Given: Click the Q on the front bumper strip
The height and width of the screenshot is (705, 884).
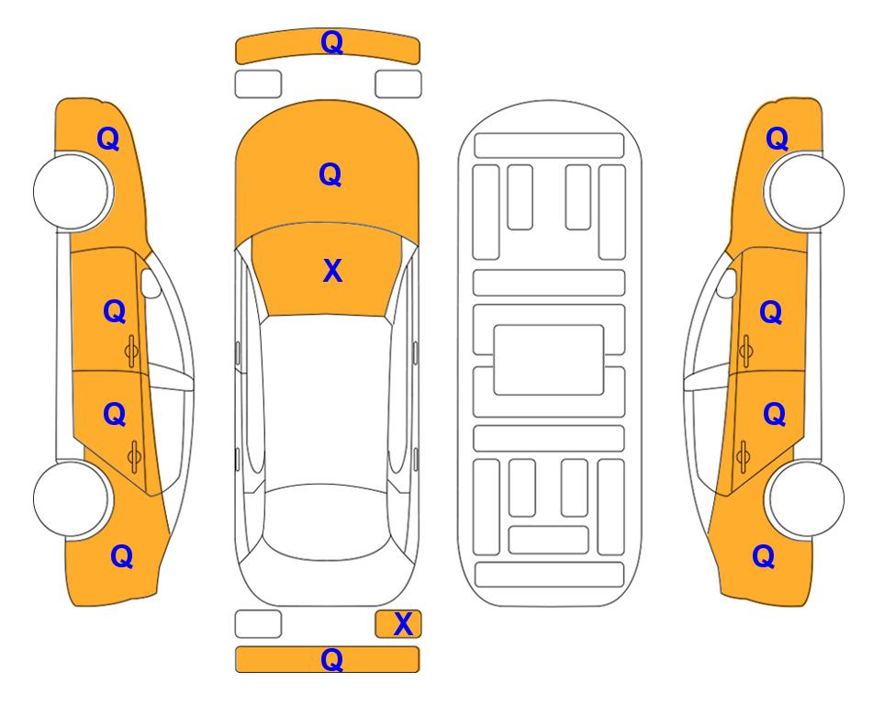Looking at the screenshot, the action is (x=331, y=42).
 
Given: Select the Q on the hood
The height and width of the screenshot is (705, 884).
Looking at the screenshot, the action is (x=330, y=174).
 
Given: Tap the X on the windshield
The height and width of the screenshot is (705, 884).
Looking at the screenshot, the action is (x=332, y=271).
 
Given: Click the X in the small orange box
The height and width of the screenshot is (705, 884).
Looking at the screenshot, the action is (x=403, y=624).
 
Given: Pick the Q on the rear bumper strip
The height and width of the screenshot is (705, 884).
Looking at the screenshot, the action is (x=331, y=660).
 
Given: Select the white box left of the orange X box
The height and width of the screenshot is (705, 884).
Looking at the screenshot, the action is (x=258, y=624).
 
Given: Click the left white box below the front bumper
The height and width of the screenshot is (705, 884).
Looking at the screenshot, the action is (x=258, y=84).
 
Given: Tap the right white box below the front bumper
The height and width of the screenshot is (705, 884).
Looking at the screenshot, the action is (x=398, y=84).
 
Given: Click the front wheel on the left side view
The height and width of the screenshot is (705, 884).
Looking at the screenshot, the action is (x=73, y=192).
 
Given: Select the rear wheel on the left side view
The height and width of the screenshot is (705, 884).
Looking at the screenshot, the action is (x=71, y=498).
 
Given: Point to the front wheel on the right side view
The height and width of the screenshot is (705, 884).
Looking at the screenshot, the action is (x=805, y=192).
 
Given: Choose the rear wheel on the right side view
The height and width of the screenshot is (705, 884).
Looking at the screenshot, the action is (x=806, y=498).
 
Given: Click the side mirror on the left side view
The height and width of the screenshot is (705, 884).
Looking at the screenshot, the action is (x=151, y=283).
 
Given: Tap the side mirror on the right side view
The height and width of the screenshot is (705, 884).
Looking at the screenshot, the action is (x=727, y=283).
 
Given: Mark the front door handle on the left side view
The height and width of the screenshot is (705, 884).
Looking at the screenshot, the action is (x=131, y=351).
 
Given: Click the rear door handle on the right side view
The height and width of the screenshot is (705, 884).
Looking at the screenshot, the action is (x=743, y=456).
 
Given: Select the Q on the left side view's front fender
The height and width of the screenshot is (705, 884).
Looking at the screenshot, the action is (x=108, y=139).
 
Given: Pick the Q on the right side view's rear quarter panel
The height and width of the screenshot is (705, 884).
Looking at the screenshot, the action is (x=764, y=556).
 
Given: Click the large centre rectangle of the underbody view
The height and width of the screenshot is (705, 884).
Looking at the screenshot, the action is (x=549, y=360).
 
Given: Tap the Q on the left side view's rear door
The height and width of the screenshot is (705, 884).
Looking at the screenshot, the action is (x=115, y=415).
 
